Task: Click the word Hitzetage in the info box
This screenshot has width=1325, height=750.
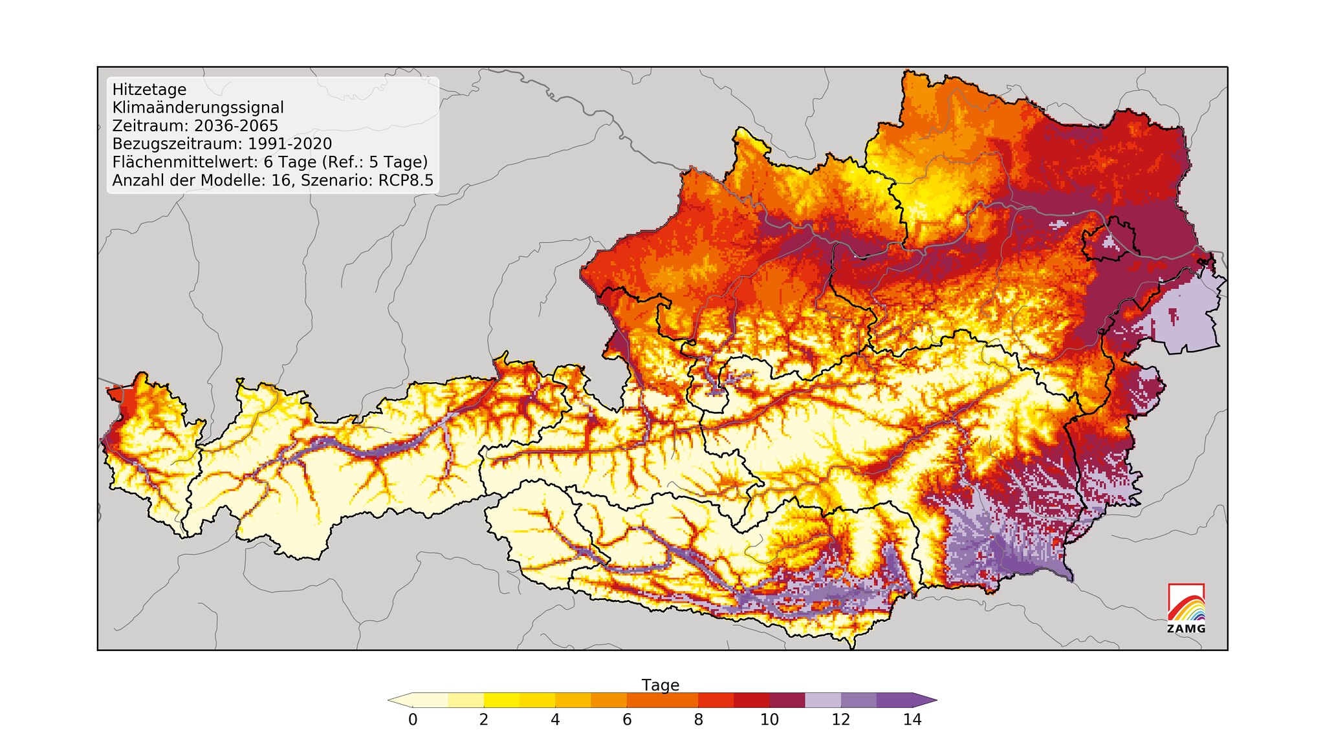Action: pos(149,90)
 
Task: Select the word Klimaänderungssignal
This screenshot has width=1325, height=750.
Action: pos(198,108)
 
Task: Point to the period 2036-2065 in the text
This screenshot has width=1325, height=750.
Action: pos(236,126)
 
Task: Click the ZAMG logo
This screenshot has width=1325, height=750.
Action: pos(1186,608)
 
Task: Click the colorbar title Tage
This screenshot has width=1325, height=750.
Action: pos(660,685)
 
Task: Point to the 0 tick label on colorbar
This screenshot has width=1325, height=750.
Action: pos(413,720)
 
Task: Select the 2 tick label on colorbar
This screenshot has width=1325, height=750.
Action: pos(484,720)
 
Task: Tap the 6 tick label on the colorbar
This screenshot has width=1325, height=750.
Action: pos(627,720)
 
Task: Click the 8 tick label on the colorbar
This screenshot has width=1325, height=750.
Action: pos(698,720)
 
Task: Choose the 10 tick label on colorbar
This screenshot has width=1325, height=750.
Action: pos(769,720)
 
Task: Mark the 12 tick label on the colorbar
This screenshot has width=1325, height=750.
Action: pos(840,720)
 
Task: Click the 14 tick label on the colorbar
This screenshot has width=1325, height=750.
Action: pos(912,720)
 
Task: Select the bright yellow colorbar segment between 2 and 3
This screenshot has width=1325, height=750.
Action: pos(501,700)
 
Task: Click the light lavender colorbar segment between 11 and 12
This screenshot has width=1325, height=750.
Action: pos(823,700)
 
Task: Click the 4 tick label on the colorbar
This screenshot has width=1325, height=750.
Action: pos(555,720)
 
